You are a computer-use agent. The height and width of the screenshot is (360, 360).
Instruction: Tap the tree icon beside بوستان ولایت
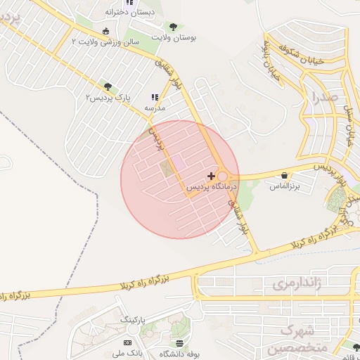pyautogui.click(x=173, y=27)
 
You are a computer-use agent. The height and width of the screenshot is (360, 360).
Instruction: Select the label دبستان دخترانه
pyautogui.click(x=127, y=12)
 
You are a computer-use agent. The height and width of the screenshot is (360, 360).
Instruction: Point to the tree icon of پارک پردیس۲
pyautogui.click(x=107, y=86)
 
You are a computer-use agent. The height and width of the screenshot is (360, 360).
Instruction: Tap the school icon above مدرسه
pyautogui.click(x=155, y=98)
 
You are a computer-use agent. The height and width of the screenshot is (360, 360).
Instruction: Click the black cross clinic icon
pyautogui.click(x=211, y=175)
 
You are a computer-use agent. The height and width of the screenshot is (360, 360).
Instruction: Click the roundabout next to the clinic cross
pyautogui.click(x=224, y=176)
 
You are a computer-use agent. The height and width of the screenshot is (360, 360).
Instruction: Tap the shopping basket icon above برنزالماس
pyautogui.click(x=284, y=176)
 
